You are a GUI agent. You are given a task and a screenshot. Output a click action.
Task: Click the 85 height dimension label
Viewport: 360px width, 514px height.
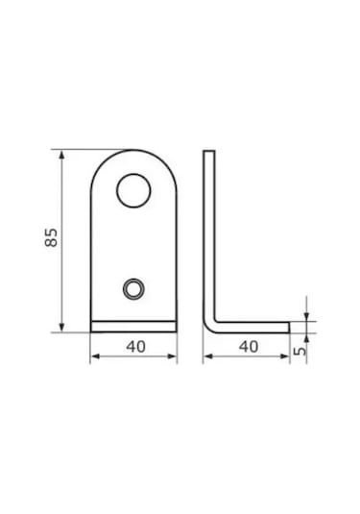[x=51, y=237]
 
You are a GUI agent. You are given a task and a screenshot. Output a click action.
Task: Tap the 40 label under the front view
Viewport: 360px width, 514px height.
[x=135, y=347]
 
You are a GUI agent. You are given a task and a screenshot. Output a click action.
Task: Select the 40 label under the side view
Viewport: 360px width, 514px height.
[x=249, y=347]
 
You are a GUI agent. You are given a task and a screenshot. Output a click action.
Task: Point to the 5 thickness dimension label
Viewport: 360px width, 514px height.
[x=300, y=350]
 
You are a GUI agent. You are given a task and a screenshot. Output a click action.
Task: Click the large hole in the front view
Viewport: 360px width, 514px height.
[x=133, y=190]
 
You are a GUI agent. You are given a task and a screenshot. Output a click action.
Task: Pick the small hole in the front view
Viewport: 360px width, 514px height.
[x=133, y=289]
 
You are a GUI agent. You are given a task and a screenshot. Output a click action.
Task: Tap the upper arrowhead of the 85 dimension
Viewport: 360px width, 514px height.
[x=61, y=155]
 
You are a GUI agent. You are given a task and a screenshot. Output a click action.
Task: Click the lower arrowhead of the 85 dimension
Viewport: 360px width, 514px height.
[x=61, y=328]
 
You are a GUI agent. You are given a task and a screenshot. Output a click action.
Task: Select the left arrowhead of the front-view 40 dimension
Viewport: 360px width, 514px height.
[x=95, y=356]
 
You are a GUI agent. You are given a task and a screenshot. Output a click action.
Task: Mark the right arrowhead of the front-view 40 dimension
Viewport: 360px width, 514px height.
[x=172, y=356]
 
